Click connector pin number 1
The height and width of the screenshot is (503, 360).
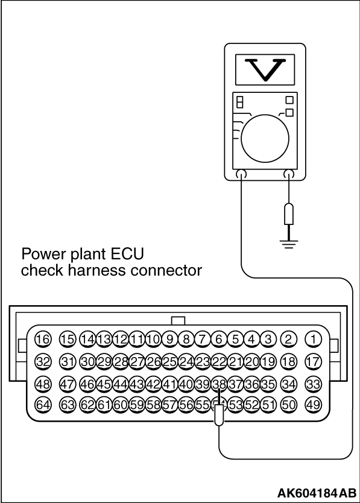(313, 339)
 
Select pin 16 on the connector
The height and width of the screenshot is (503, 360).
(43, 339)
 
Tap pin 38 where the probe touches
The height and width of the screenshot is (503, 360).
(219, 384)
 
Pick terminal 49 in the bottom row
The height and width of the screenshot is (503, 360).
(313, 405)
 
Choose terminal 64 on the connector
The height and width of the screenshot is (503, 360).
(43, 405)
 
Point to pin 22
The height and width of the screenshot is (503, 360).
(219, 362)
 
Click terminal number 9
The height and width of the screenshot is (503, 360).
(169, 339)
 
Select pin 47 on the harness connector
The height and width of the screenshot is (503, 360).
(68, 384)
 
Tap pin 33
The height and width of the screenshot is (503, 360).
(313, 384)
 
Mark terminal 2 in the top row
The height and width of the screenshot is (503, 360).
(288, 339)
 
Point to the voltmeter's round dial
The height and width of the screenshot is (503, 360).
(265, 139)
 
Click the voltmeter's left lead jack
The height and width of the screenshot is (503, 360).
(241, 174)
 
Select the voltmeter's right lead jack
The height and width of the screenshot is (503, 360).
(289, 174)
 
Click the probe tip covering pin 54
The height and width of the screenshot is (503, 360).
(219, 415)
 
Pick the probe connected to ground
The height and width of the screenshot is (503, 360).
(289, 214)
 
